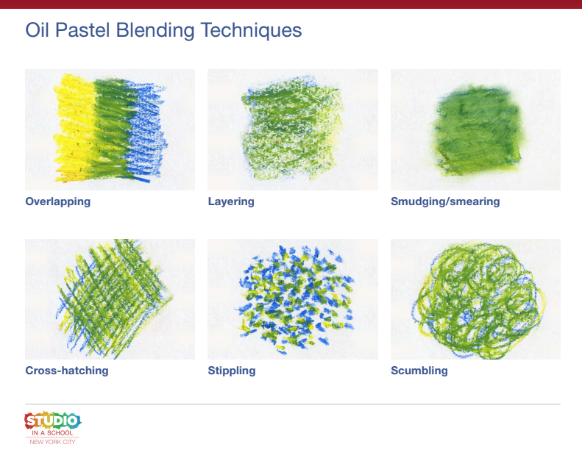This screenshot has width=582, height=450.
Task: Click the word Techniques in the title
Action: pos(252,30)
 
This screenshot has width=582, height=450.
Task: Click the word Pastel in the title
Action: pos(82,29)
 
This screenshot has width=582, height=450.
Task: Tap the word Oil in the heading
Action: pos(37,29)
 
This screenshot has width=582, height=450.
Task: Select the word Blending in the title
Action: pos(155,30)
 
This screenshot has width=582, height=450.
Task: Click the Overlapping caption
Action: pos(58,201)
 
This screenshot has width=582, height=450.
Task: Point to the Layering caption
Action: pos(231,201)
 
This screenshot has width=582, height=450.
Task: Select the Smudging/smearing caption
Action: pos(445,201)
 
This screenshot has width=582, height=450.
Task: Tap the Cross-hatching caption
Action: pos(67,371)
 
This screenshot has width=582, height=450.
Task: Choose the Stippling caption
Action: pos(232,371)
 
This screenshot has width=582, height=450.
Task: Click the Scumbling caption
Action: pos(419,371)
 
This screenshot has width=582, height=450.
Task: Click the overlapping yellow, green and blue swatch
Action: pos(110,129)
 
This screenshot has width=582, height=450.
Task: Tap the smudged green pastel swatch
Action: pos(475,129)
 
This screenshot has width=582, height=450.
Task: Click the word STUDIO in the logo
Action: pos(53,421)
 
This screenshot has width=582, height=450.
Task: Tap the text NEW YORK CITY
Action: pos(52,442)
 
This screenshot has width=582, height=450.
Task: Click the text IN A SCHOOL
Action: pos(52,433)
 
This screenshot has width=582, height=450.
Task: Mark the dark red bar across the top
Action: pos(291,4)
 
